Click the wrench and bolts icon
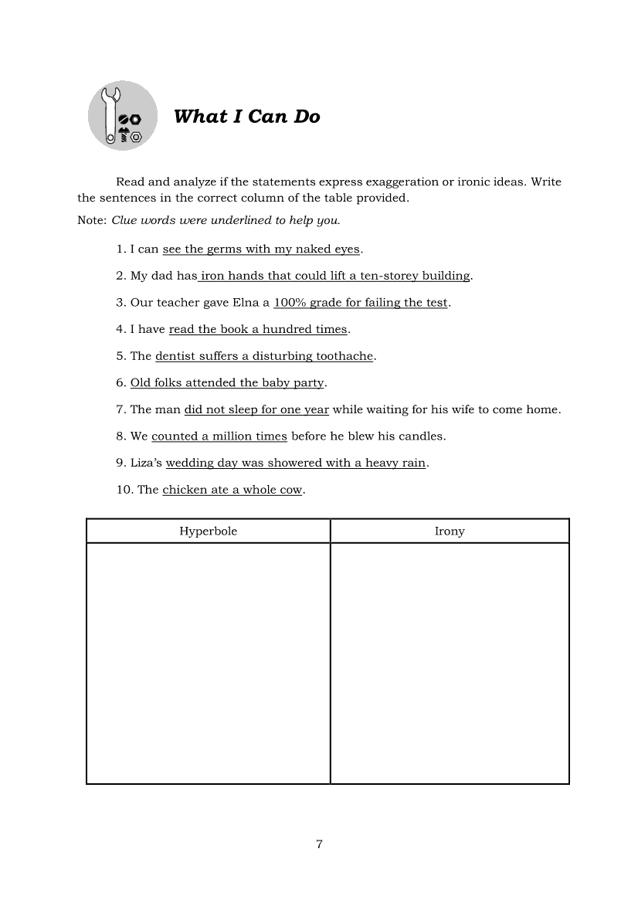click(123, 116)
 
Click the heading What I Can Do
click(246, 117)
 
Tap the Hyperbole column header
click(209, 531)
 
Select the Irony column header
click(450, 531)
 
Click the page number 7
click(319, 844)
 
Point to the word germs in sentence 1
click(225, 249)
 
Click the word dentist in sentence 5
click(176, 356)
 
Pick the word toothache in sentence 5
click(344, 356)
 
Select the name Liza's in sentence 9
click(146, 463)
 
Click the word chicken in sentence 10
click(185, 490)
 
